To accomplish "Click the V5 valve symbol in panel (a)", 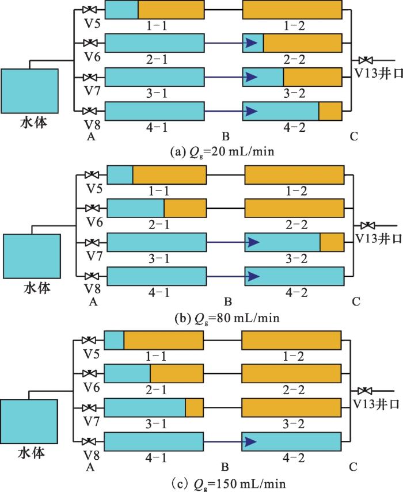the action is pos(90,9).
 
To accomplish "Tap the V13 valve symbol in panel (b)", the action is pos(367,226).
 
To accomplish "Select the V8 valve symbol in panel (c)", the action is pos(89,441).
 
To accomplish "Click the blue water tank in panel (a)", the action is pos(29,91).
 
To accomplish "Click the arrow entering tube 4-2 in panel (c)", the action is pos(230,442).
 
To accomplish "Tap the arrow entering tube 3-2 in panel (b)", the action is pos(233,242).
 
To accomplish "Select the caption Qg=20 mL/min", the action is pos(222,152).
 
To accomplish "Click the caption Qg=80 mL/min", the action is pos(227,318).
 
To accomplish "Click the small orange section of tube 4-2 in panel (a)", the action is pos(330,111).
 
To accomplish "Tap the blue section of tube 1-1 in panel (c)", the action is pos(114,340).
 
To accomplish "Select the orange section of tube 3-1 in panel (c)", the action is pos(194,407).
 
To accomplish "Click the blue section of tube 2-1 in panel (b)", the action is pos(136,208).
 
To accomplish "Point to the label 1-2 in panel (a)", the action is pos(294,26).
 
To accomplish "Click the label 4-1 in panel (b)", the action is pos(159,293).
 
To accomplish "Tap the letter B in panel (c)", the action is pos(225,467).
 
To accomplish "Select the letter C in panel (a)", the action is pos(353,136).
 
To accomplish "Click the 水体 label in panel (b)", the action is pos(37,288).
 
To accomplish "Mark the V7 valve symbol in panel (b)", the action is pos(92,242).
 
